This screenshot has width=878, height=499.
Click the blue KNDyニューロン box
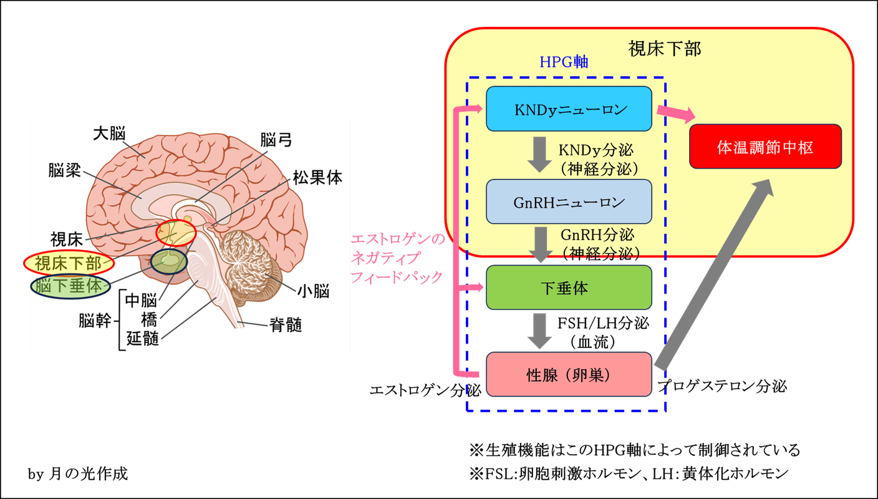click(569, 109)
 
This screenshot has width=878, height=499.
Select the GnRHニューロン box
click(569, 201)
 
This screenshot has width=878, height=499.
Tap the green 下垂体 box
click(569, 288)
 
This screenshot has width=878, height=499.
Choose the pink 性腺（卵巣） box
click(569, 374)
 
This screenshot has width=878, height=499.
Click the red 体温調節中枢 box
click(765, 147)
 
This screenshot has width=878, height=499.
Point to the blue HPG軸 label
click(564, 62)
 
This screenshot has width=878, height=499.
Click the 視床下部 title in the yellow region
click(665, 49)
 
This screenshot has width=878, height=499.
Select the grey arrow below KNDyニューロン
click(540, 155)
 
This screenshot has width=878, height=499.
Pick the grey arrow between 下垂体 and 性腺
click(540, 331)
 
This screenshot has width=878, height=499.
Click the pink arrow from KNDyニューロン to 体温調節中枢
click(676, 114)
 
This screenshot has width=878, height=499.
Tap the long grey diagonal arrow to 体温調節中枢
click(715, 274)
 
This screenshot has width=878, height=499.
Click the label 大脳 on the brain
click(109, 133)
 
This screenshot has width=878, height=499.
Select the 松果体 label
click(317, 178)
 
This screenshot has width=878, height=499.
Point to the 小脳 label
click(313, 291)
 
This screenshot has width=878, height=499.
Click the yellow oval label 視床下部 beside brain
click(69, 263)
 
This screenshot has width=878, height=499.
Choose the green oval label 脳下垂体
click(70, 286)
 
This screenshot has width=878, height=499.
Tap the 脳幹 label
click(95, 321)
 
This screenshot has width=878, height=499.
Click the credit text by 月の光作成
click(78, 474)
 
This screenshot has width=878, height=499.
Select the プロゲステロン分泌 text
click(722, 387)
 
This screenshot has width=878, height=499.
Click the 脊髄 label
click(286, 325)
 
